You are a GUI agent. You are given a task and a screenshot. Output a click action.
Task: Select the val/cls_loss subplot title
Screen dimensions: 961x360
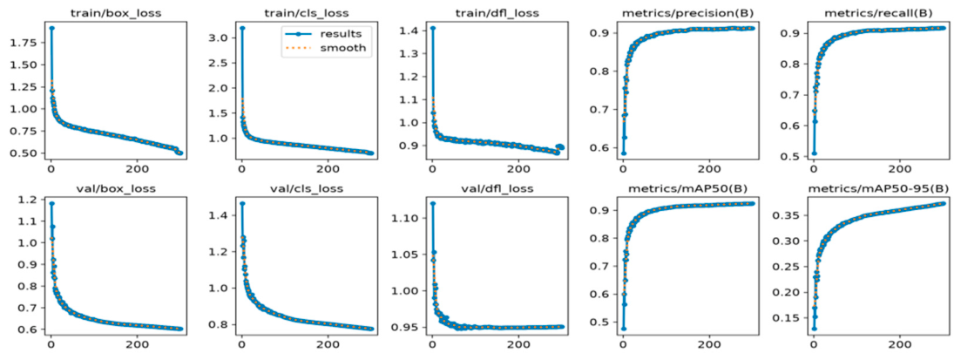click(x=305, y=187)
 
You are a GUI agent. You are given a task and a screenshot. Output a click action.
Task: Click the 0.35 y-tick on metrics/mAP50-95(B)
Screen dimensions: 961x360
click(x=787, y=215)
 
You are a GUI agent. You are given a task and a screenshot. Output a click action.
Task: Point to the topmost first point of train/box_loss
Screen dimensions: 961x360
click(x=51, y=28)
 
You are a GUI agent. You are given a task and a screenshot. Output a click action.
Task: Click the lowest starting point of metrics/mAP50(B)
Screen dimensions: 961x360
click(x=623, y=329)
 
